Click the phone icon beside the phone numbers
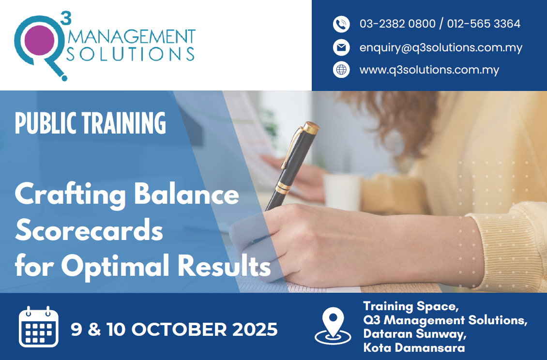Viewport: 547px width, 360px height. point(341,24)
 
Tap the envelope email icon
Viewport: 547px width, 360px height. point(341,47)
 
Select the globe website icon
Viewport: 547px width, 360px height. point(341,70)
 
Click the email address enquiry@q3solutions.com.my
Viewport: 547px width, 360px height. point(441,48)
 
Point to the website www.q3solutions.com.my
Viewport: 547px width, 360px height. point(429,70)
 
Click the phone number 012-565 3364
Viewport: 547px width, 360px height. point(484,24)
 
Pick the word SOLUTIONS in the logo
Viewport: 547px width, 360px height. point(130,54)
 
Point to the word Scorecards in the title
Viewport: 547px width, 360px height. point(89,230)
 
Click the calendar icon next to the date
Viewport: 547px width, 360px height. point(39,327)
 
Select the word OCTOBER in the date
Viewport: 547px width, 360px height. point(179,330)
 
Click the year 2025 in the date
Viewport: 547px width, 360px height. point(255,330)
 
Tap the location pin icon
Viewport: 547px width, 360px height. point(333,326)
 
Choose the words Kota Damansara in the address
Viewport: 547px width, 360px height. point(414,348)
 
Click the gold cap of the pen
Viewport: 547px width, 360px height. point(310,128)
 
